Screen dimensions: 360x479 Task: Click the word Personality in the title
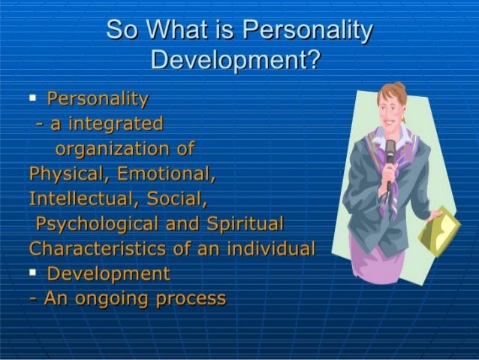coord(310,32)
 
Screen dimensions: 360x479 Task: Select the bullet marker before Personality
coord(34,98)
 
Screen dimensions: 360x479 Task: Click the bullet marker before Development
coord(34,271)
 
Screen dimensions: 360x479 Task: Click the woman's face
coord(393,104)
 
